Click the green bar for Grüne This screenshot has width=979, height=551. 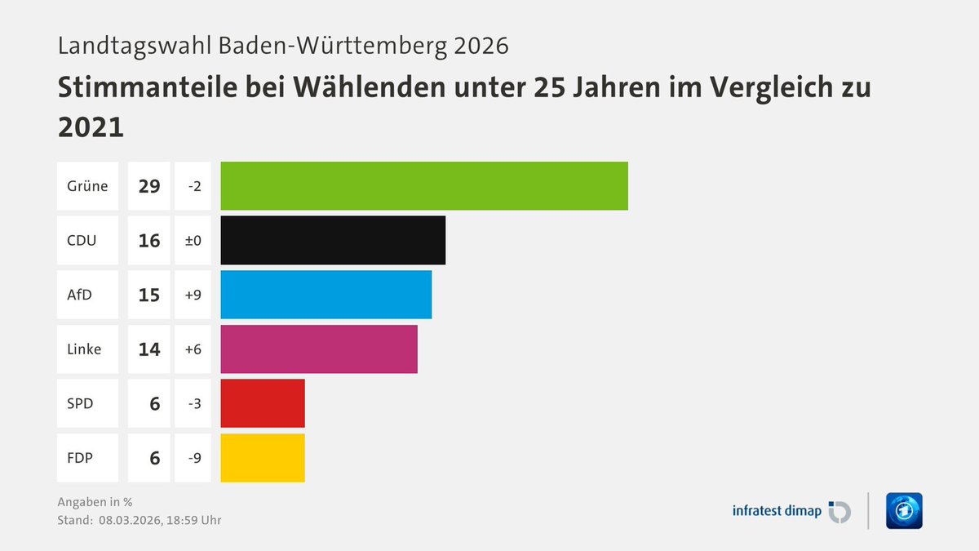click(x=424, y=186)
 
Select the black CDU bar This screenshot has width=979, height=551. click(x=333, y=240)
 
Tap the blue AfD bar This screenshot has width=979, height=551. click(x=326, y=295)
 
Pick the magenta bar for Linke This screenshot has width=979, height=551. click(x=319, y=349)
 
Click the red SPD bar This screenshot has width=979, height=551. click(x=263, y=403)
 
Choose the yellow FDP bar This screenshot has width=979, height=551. click(x=263, y=457)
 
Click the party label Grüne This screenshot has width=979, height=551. click(x=87, y=186)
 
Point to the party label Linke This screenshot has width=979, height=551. click(x=85, y=349)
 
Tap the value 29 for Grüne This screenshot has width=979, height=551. click(x=149, y=186)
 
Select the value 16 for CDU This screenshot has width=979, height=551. click(x=149, y=240)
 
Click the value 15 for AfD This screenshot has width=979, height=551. click(x=149, y=295)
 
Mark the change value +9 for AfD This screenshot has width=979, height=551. click(x=194, y=295)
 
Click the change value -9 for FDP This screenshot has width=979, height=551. click(x=194, y=457)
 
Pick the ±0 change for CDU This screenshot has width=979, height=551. click(x=193, y=240)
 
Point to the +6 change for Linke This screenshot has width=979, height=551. click(x=194, y=349)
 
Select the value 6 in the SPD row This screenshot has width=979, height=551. click(x=154, y=403)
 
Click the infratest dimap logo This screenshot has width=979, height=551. click(x=791, y=511)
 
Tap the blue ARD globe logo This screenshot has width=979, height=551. click(x=903, y=511)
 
